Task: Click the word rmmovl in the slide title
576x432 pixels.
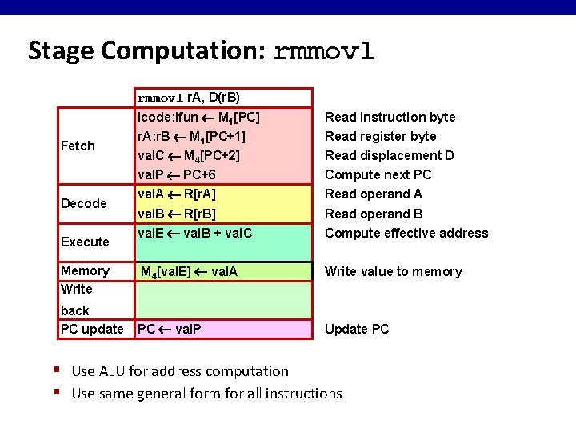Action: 324,51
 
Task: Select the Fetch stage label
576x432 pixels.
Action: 78,146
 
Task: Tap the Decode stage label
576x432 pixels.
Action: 84,203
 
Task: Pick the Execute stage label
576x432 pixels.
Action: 85,242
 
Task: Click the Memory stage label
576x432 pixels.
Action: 85,270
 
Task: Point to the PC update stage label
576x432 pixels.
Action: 92,329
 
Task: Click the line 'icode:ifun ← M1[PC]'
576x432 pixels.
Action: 198,117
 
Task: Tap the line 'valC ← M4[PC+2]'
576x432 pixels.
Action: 189,155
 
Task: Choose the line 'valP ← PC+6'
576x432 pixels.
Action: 177,174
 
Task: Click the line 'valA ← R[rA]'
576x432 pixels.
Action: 177,194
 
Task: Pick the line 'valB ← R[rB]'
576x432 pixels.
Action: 177,214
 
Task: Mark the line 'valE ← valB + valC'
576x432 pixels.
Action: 195,233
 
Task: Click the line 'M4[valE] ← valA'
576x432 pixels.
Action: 189,272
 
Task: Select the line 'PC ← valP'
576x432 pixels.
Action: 170,329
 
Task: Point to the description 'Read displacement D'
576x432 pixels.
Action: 389,155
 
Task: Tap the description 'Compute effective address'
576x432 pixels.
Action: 406,233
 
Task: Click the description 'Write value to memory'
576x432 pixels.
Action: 393,271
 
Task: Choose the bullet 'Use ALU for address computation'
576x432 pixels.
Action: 180,370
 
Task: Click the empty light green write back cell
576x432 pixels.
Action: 222,300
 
